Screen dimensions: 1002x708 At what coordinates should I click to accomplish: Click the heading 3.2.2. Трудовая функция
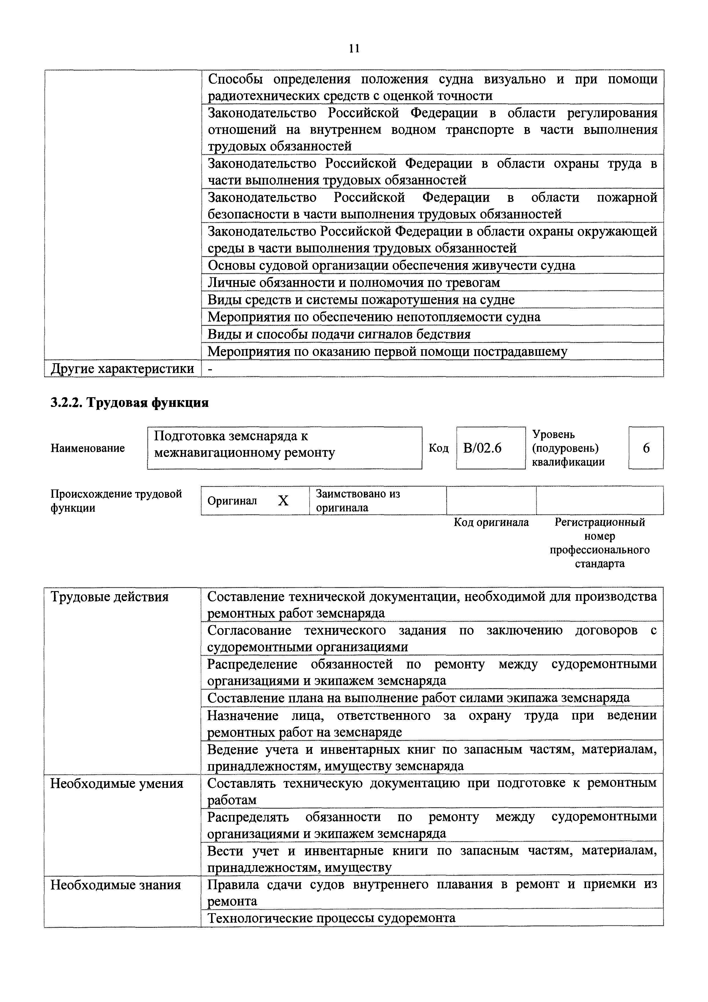pos(130,402)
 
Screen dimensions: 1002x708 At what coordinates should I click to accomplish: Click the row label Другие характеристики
pos(122,369)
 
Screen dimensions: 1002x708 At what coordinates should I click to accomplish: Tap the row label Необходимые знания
pos(116,885)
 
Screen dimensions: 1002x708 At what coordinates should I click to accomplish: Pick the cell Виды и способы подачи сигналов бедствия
pos(339,334)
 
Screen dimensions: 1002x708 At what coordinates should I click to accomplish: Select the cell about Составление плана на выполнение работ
pos(418,698)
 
